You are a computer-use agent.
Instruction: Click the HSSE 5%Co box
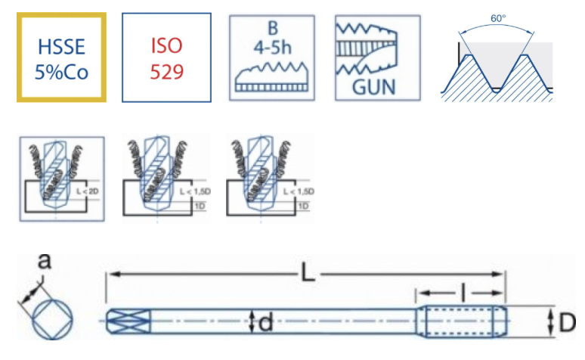(x=62, y=57)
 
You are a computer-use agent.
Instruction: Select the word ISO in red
(x=166, y=45)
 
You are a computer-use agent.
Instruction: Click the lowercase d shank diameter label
(x=265, y=324)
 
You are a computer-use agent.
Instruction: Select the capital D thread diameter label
(x=567, y=323)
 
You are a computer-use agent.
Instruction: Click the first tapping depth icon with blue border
(x=62, y=178)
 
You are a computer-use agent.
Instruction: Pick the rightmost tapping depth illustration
(x=270, y=178)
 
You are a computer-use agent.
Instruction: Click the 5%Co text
(x=62, y=71)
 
